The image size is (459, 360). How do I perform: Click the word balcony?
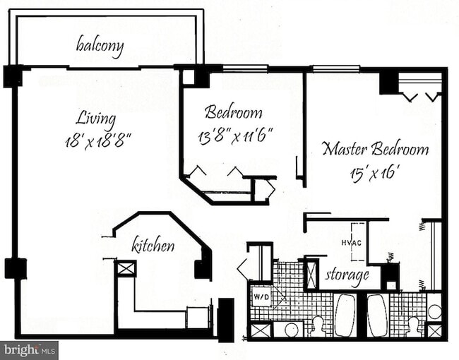coord(100,47)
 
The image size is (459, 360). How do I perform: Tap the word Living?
coord(97,117)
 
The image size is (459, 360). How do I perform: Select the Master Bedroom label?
coord(375,149)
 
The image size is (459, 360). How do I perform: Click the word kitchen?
coord(153,246)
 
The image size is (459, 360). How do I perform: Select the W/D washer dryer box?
coord(261,296)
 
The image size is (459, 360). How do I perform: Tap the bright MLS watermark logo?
coord(30,350)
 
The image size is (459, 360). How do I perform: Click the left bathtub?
coord(345,315)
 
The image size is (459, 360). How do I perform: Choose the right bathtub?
coord(377,315)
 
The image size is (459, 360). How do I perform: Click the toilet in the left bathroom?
coord(317,326)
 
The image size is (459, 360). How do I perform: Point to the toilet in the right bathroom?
coord(412,326)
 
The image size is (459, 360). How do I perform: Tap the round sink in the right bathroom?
coord(434,311)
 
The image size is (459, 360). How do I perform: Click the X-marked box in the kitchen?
coord(126,268)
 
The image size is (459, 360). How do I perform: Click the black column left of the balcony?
coord(12,76)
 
